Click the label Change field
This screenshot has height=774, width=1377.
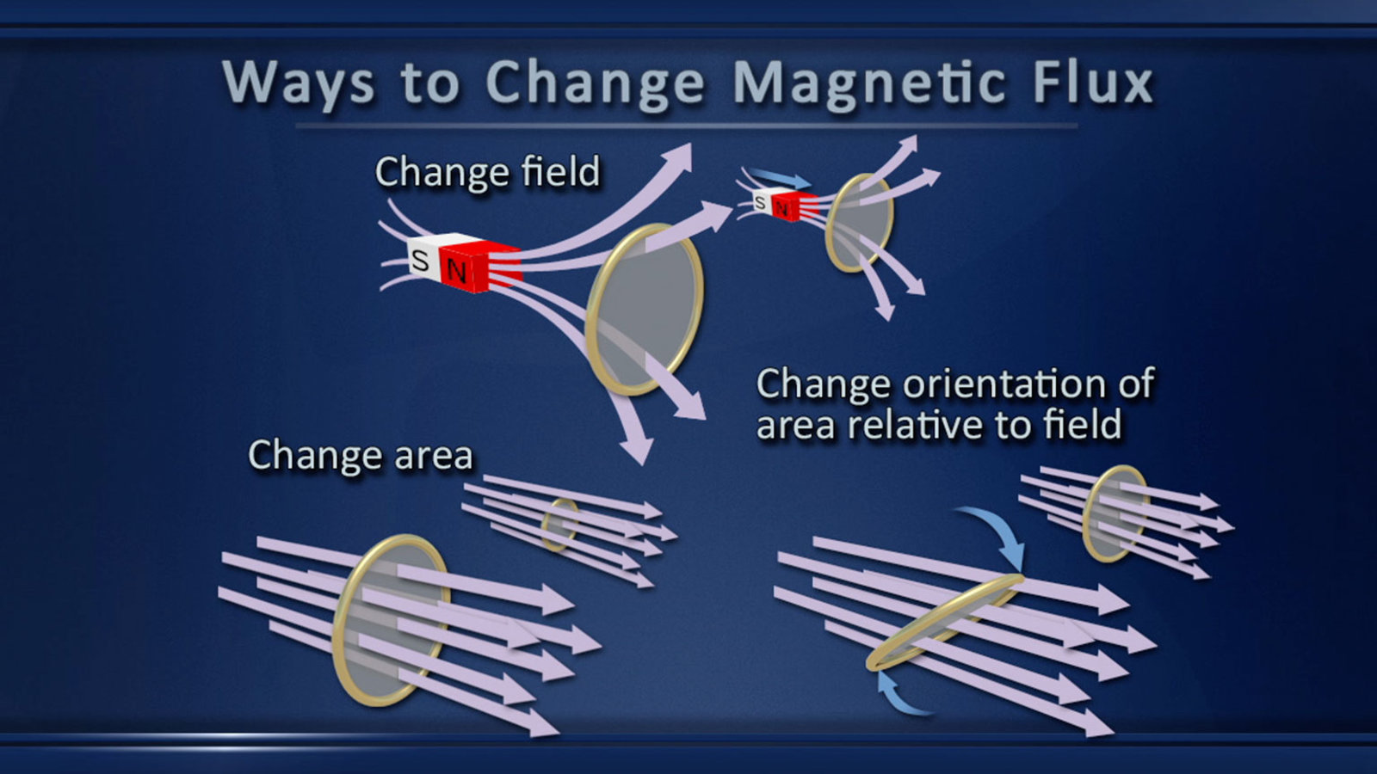487,171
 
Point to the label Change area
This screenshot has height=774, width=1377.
361,456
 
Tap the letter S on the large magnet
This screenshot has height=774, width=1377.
421,261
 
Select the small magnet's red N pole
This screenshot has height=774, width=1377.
793,207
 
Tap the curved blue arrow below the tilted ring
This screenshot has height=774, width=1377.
898,697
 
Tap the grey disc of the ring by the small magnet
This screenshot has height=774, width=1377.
860,223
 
